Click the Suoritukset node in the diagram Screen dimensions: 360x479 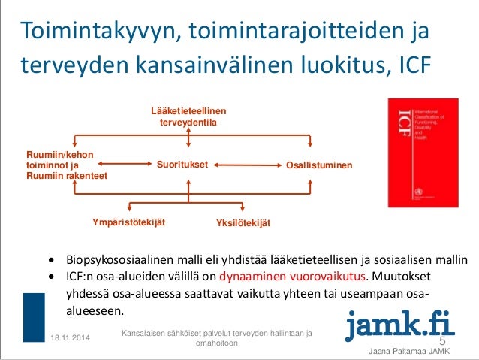click(x=182, y=164)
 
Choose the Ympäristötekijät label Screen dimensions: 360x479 click(x=128, y=222)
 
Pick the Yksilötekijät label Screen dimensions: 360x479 click(x=243, y=223)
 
